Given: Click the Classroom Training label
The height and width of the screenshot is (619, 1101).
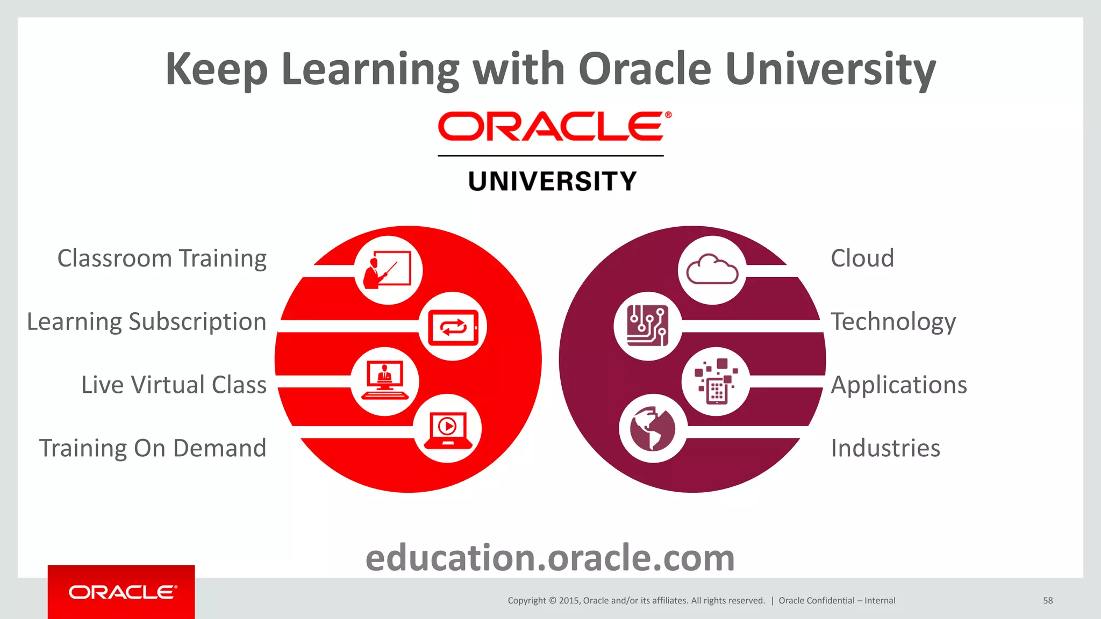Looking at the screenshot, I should click(x=162, y=258).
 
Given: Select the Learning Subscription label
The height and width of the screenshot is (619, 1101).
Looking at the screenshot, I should click(x=147, y=322).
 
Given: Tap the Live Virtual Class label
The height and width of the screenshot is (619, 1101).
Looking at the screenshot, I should click(x=174, y=385).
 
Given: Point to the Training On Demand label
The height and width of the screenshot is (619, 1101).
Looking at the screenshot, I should click(x=153, y=448).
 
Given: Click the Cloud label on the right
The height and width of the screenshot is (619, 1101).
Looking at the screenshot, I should click(x=862, y=258).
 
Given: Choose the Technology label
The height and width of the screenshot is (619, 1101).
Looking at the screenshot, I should click(x=893, y=322).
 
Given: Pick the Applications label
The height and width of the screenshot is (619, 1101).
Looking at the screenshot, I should click(x=899, y=385).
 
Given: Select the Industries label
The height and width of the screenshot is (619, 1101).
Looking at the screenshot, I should click(x=885, y=448).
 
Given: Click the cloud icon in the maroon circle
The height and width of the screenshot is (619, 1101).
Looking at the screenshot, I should click(x=712, y=270).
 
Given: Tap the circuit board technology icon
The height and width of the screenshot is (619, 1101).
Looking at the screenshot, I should click(x=648, y=326).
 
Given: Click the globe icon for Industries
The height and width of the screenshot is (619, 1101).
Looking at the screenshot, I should click(x=653, y=428).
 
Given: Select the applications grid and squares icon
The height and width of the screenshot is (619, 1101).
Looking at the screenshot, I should click(x=716, y=381).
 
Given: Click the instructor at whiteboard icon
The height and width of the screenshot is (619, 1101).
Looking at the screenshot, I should click(x=388, y=270).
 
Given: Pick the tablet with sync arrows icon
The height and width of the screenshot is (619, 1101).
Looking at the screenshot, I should click(x=453, y=327).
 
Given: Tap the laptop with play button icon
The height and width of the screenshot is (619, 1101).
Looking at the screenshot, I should click(x=448, y=429).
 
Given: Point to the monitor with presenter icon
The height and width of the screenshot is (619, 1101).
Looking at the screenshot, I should click(x=384, y=381).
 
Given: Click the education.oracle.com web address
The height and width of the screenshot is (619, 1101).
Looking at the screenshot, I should click(x=550, y=558).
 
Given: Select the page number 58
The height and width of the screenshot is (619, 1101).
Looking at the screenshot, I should click(x=1048, y=601).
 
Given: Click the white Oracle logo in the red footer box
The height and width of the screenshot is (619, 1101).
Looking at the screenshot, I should click(x=122, y=592).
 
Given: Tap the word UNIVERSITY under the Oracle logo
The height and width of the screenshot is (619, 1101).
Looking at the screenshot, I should click(x=552, y=181).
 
